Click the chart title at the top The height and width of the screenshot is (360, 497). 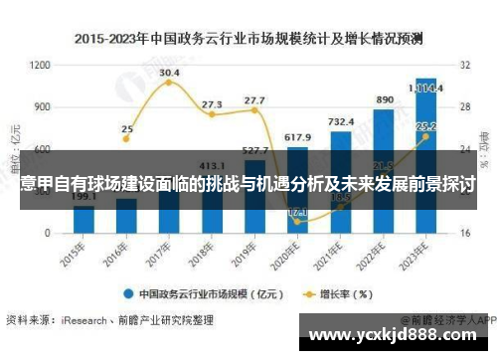pos(249,39)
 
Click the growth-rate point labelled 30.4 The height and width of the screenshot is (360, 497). pos(169,83)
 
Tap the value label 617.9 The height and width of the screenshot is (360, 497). pos(297,136)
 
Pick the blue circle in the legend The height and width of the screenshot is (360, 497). pos(128,293)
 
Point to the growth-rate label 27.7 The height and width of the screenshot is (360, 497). pos(254,100)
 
